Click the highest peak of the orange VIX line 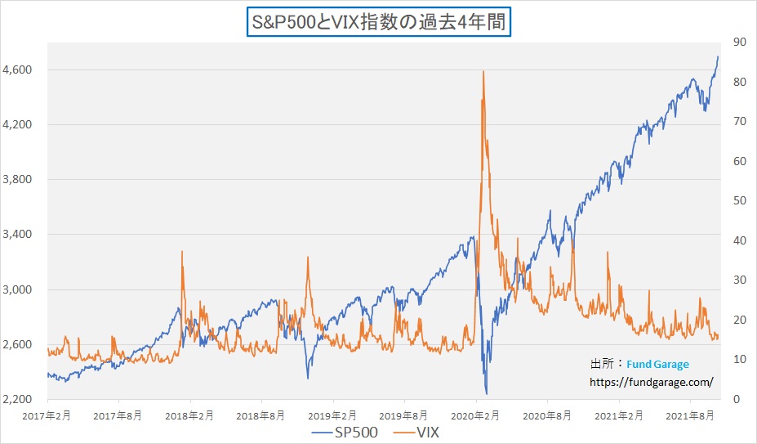[x=483, y=71]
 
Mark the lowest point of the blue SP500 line [x=486, y=394]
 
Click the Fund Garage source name [x=658, y=365]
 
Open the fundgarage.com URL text [x=652, y=382]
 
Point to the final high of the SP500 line [x=718, y=56]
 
